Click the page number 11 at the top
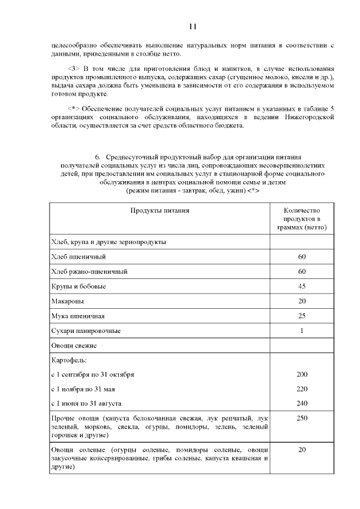pyautogui.click(x=192, y=26)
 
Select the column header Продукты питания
pyautogui.click(x=160, y=211)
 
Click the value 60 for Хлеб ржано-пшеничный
pyautogui.click(x=301, y=272)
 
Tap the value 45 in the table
pyautogui.click(x=301, y=286)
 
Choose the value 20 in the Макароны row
pyautogui.click(x=301, y=301)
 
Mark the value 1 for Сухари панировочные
pyautogui.click(x=301, y=330)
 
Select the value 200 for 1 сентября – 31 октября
pyautogui.click(x=301, y=374)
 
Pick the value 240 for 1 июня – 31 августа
pyautogui.click(x=301, y=403)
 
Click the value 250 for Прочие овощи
pyautogui.click(x=301, y=418)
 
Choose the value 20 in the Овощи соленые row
pyautogui.click(x=301, y=450)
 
